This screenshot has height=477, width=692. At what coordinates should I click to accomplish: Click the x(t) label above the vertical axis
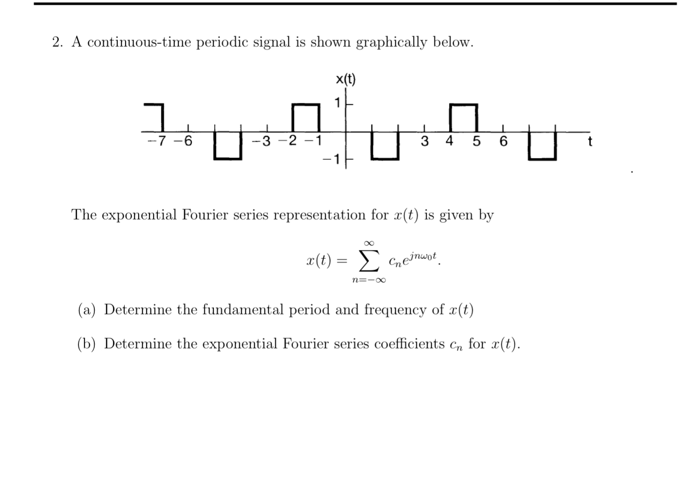pos(346,80)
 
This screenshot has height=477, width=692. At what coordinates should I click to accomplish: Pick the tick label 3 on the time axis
pos(424,141)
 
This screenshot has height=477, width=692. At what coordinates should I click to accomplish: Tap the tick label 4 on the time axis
pos(449,141)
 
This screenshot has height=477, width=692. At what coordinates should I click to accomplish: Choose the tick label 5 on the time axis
pos(476,141)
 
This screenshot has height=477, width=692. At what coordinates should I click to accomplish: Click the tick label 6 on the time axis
pos(503,141)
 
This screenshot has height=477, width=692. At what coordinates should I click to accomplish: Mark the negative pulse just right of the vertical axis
pos(385,146)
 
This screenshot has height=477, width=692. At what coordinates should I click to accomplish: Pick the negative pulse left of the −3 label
pos(228,146)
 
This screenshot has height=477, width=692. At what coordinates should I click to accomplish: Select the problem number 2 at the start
pos(57,43)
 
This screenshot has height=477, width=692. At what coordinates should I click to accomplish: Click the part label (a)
pos(86,310)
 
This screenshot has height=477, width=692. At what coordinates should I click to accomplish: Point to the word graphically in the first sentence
pos(392,43)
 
